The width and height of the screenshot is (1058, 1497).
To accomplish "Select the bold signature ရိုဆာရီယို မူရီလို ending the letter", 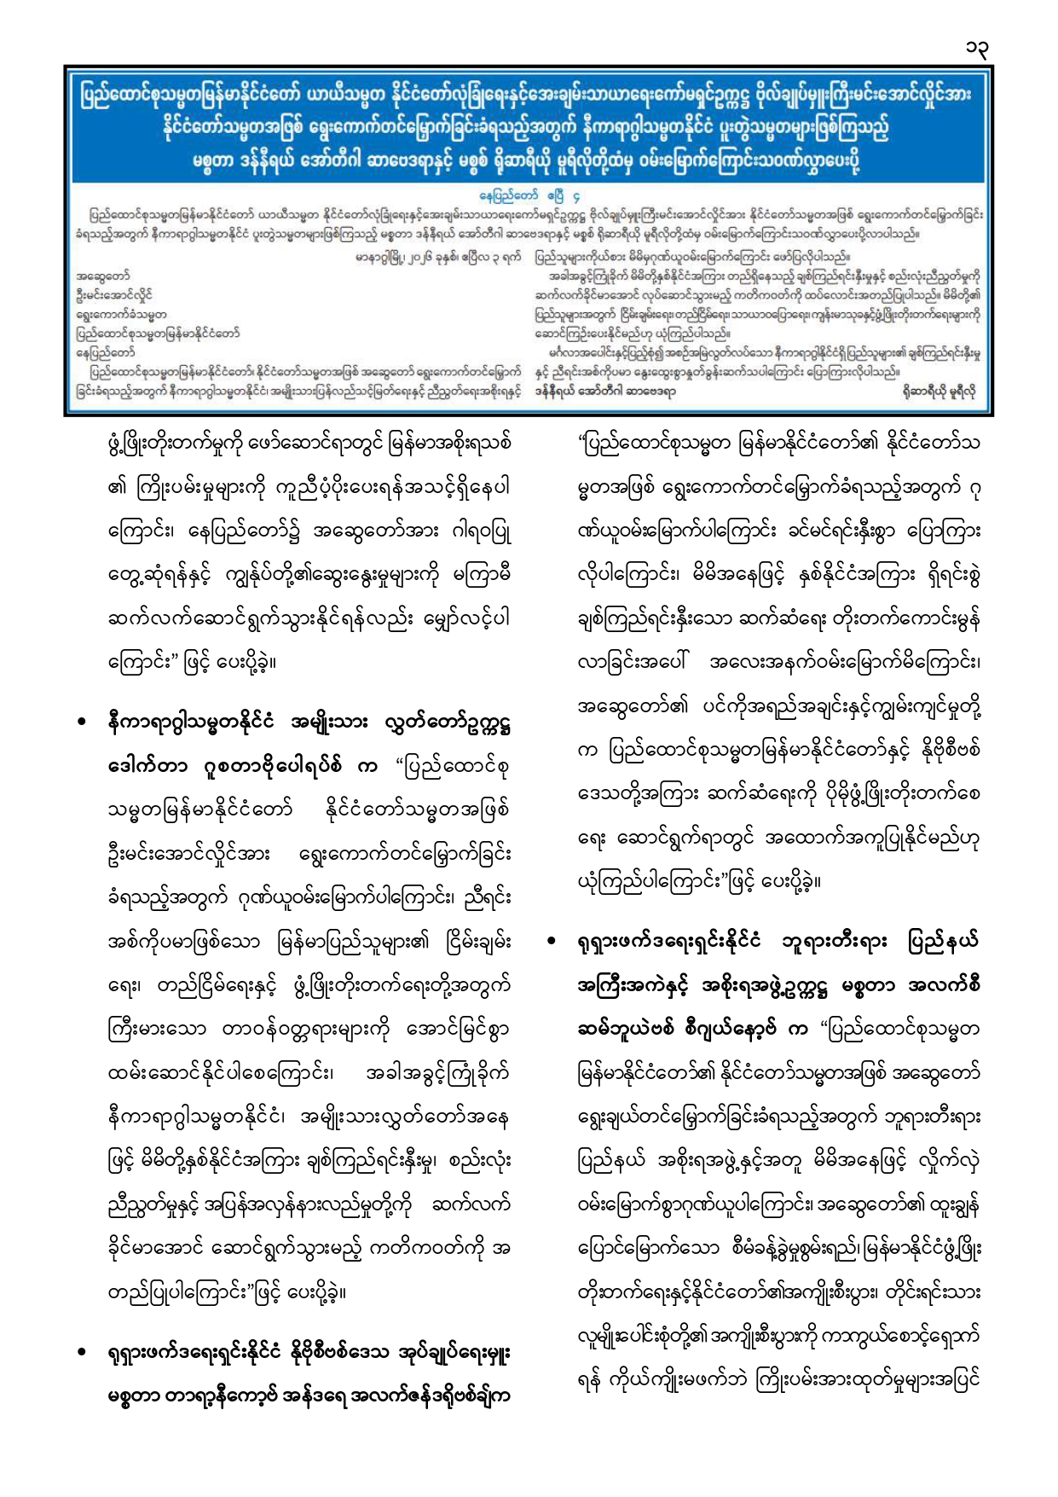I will [x=941, y=392].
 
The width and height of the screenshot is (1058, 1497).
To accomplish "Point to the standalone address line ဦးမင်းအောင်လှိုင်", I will [x=113, y=295].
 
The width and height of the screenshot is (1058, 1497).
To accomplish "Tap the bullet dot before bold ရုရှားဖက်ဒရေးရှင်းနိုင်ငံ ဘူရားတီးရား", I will [x=552, y=942].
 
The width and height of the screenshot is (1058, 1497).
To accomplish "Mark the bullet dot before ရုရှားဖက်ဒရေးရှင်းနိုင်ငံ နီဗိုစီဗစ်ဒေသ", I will [x=82, y=1353].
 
